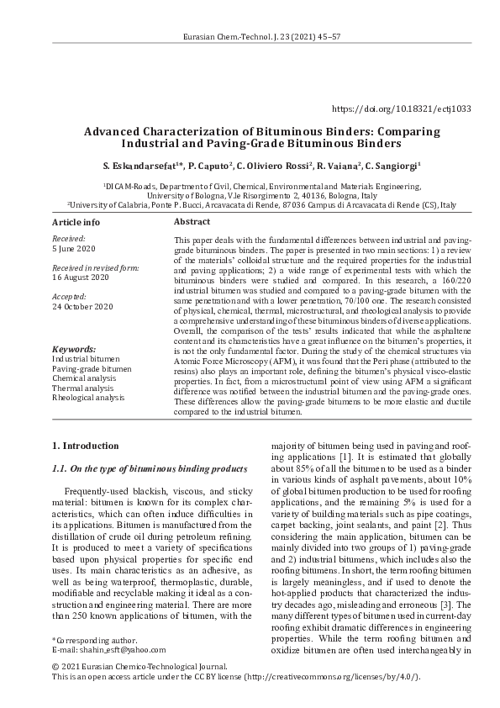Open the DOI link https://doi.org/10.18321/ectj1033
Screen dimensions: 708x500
(x=402, y=109)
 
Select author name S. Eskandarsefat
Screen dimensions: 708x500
(x=136, y=166)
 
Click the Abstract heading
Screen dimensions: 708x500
(x=191, y=222)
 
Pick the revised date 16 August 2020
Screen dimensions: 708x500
(x=81, y=277)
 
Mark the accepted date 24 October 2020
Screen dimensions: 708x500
(x=82, y=307)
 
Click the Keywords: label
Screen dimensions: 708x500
(x=73, y=348)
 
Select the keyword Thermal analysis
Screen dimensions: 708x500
(x=83, y=388)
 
